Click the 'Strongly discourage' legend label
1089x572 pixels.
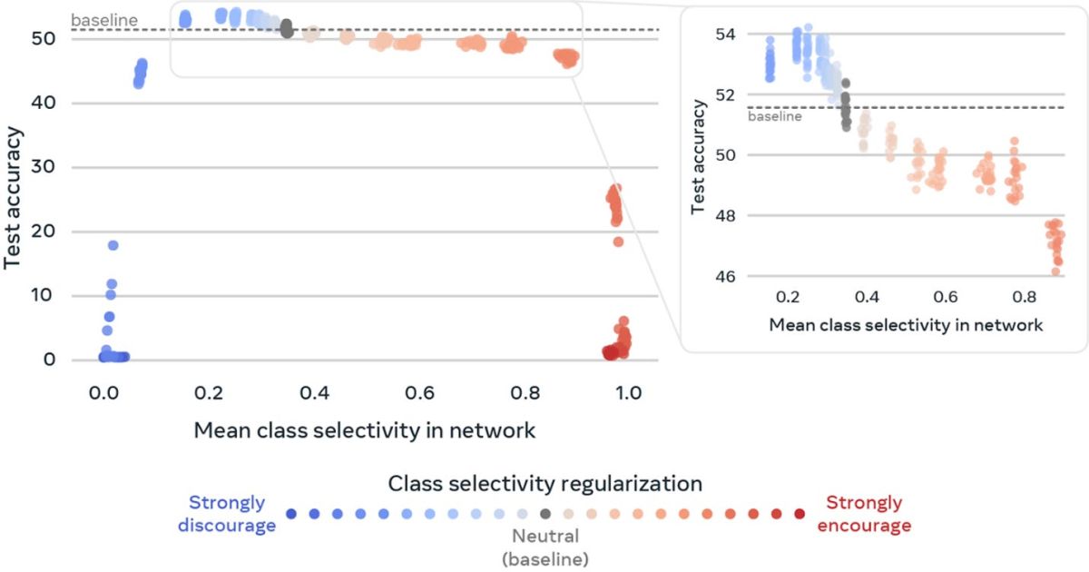(227, 514)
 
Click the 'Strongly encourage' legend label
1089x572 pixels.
(864, 514)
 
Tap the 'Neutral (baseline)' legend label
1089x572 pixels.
(544, 547)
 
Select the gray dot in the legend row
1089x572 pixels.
(544, 514)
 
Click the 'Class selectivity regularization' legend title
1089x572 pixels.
(545, 482)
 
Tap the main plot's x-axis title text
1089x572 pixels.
(364, 430)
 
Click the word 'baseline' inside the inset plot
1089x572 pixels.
(774, 116)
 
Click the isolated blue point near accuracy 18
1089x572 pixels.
(113, 245)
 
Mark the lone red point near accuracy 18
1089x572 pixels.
(618, 242)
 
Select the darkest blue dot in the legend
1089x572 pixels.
(290, 514)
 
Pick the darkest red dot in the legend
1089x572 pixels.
(799, 514)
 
